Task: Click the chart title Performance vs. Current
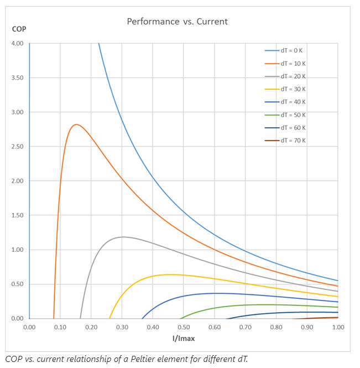[x=178, y=22]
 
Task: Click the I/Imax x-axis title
[x=184, y=338]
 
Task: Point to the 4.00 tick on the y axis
[x=17, y=43]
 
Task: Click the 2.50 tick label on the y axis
[x=17, y=147]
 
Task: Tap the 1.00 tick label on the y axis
[x=17, y=250]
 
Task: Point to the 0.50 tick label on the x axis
[x=184, y=327]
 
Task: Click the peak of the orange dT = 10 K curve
[x=76, y=125]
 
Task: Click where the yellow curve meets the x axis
[x=109, y=318]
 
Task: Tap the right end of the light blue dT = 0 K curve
[x=337, y=281]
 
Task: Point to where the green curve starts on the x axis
[x=181, y=318]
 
